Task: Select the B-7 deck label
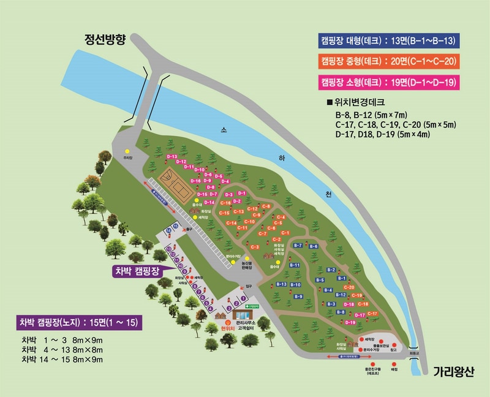(298, 245)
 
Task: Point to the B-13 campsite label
(282, 284)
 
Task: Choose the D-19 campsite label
(350, 322)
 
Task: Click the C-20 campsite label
(349, 287)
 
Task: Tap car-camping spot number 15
(176, 226)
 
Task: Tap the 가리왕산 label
(454, 371)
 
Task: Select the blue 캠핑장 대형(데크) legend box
(389, 41)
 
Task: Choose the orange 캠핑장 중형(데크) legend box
(389, 61)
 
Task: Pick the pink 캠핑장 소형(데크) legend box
(389, 81)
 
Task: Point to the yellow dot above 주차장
(127, 150)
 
